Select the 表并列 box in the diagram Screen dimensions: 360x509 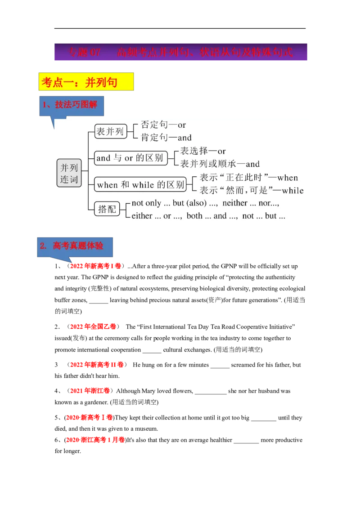[110, 131]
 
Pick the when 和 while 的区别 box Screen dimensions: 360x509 [141, 184]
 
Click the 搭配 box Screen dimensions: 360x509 [107, 209]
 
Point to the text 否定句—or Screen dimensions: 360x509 [163, 125]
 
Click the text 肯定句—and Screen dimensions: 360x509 [166, 138]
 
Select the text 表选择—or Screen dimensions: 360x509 [203, 151]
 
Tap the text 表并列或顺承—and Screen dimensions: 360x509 [220, 164]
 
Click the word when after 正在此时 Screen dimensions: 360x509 [288, 178]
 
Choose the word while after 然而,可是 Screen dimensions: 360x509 [293, 190]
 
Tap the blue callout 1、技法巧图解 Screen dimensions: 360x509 [70, 105]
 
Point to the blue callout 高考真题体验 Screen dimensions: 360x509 [75, 246]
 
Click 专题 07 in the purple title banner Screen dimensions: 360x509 [85, 52]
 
